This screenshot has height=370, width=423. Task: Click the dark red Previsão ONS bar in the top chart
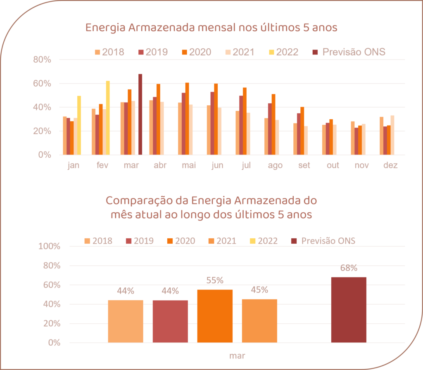click(x=140, y=114)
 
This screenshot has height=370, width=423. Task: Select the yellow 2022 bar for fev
click(x=108, y=118)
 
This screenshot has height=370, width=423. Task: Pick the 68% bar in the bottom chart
click(x=349, y=310)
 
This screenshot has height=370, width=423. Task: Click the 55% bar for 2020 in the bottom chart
click(x=215, y=316)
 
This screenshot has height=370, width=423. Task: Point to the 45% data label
click(x=259, y=290)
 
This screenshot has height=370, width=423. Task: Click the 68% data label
click(x=349, y=268)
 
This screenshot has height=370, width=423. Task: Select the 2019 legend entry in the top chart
click(x=153, y=52)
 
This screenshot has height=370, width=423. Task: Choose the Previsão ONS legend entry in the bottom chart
click(x=324, y=241)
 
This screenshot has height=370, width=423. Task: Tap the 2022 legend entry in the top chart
click(x=283, y=52)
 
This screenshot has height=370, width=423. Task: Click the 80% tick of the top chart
click(x=42, y=60)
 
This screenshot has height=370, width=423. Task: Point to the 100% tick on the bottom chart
click(x=49, y=247)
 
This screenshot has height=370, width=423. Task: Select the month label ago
click(x=275, y=166)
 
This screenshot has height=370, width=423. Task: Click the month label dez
click(x=390, y=166)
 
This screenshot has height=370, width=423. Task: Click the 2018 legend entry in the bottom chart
click(x=98, y=241)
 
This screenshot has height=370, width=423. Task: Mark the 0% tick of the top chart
click(x=45, y=155)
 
